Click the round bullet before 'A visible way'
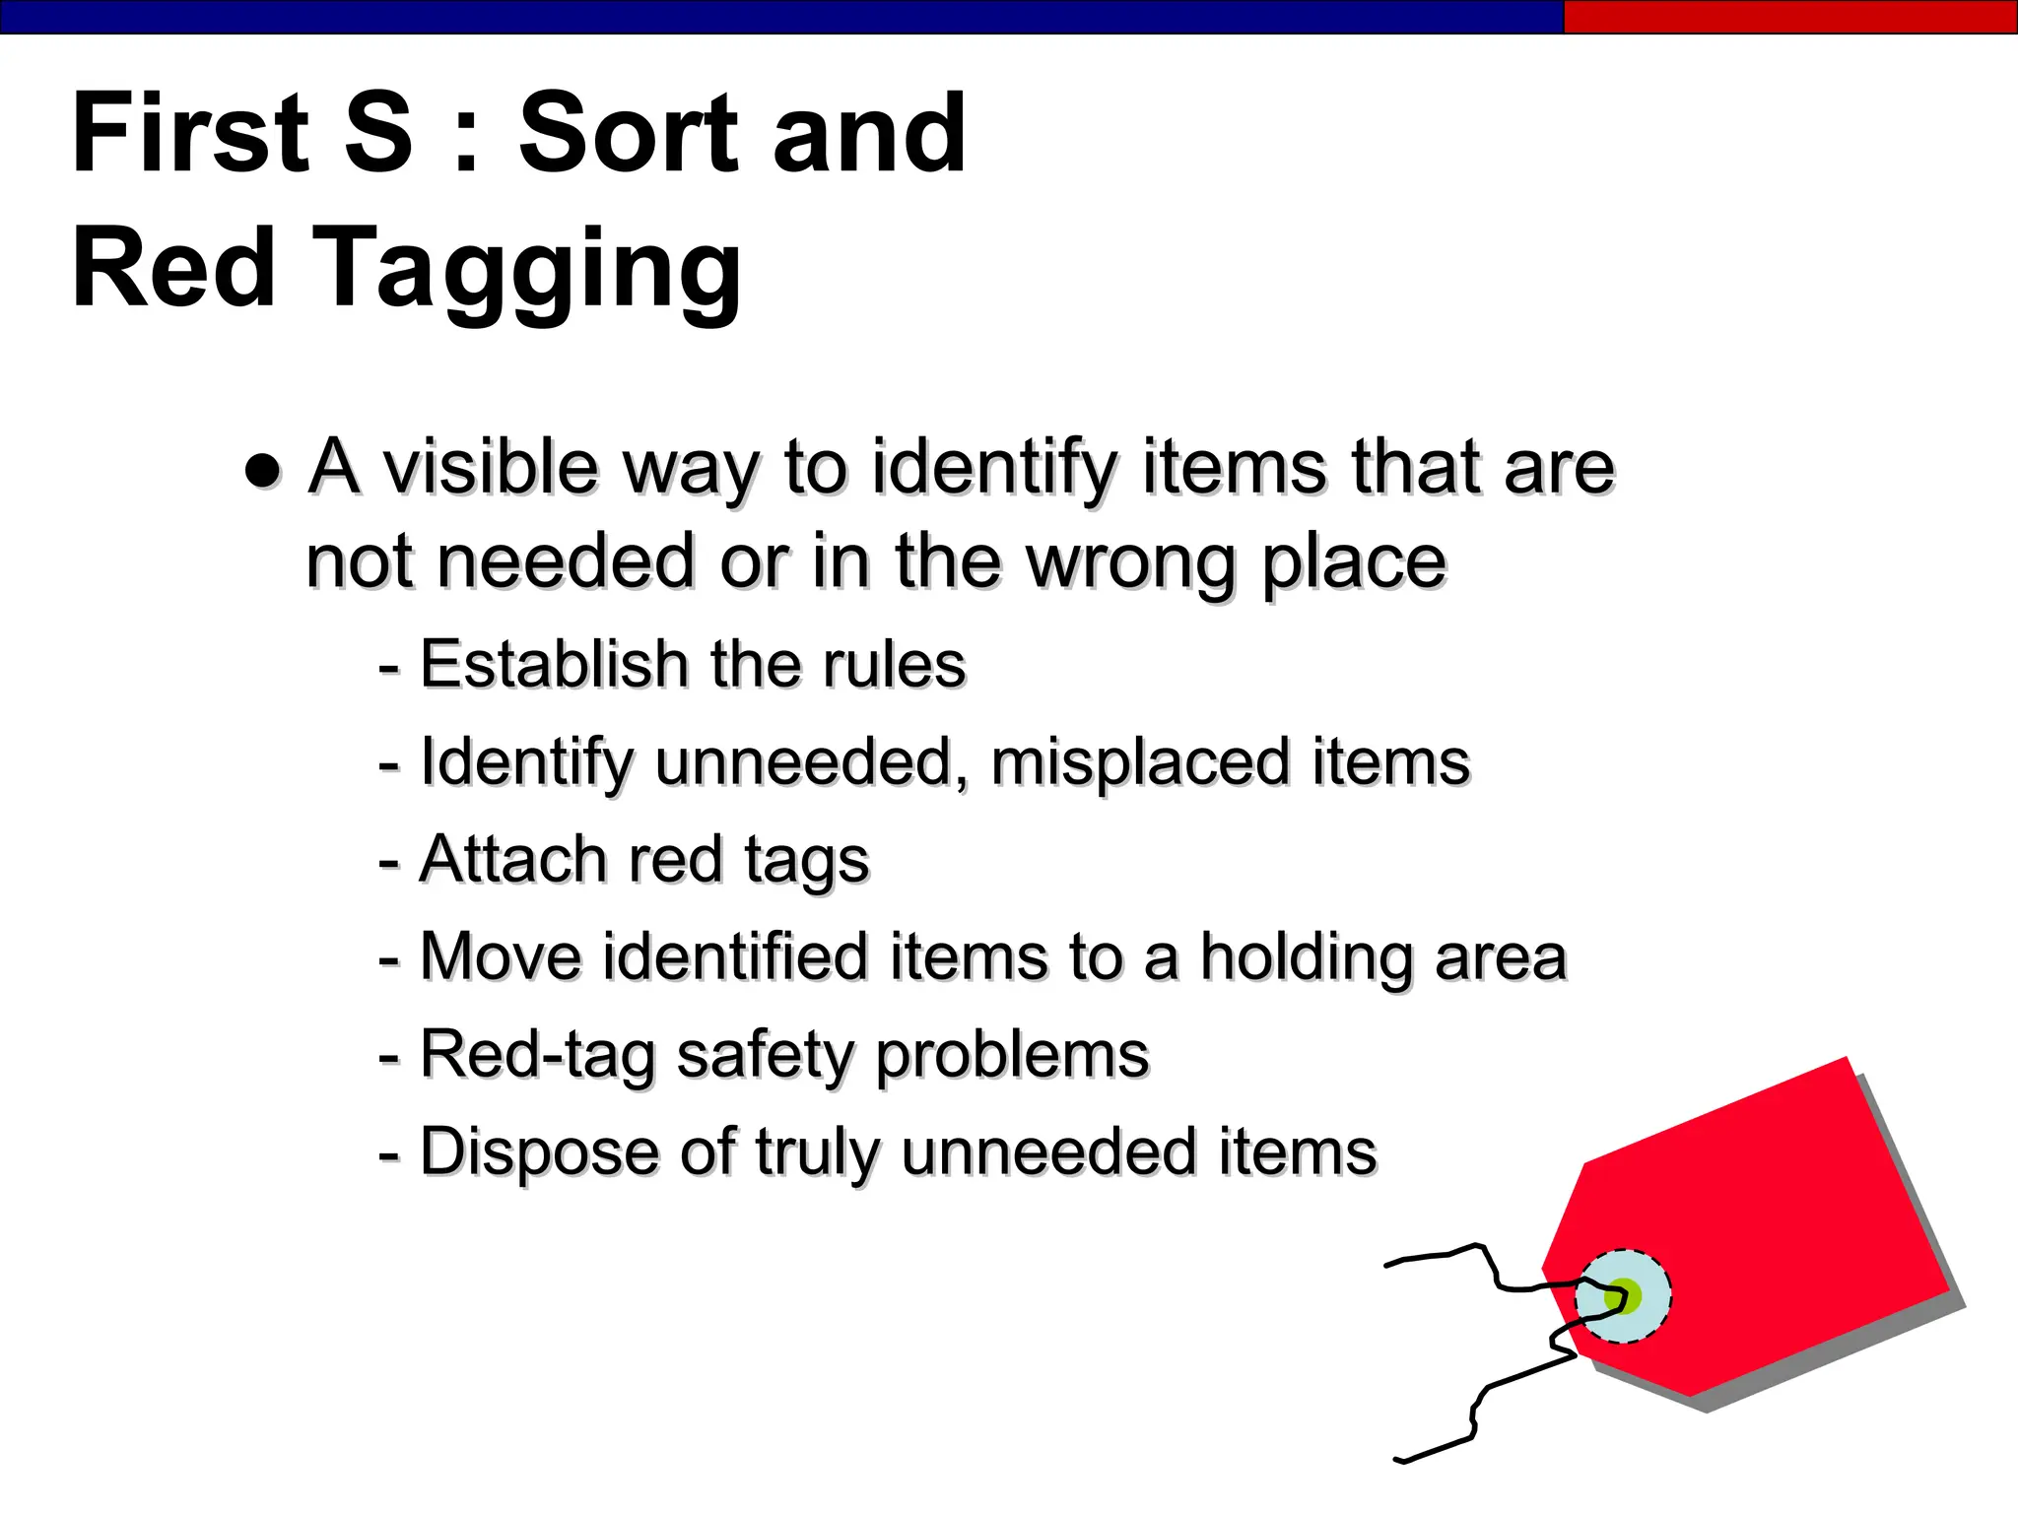(263, 470)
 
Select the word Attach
(512, 859)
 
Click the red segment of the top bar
(1789, 17)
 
